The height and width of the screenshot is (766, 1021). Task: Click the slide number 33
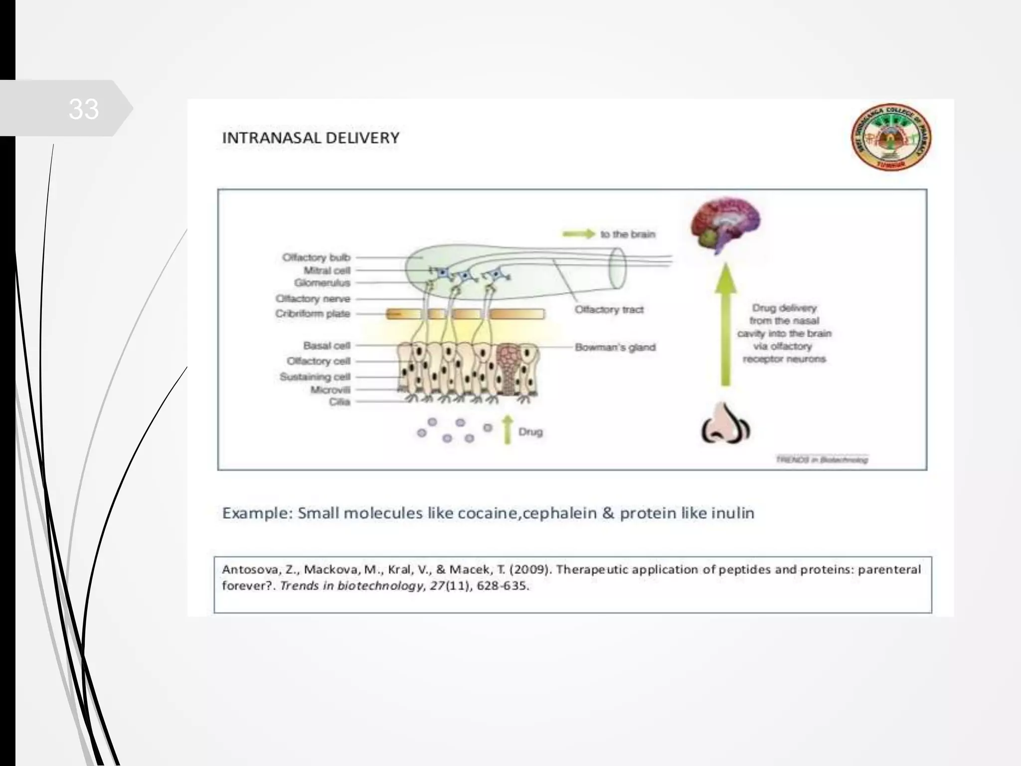[x=83, y=109]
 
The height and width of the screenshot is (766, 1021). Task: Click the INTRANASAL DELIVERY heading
[x=311, y=138]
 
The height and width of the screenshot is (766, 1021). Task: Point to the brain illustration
[x=725, y=224]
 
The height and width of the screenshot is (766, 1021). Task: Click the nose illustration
[x=726, y=424]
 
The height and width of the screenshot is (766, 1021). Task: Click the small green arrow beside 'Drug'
[x=508, y=429]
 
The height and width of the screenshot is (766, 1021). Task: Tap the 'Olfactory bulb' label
[x=317, y=257]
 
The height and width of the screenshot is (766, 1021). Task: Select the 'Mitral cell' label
[x=327, y=270]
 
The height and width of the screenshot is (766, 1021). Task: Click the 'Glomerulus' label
[x=322, y=283]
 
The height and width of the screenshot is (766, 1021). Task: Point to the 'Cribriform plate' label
[x=313, y=314]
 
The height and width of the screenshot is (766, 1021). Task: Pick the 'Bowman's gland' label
[x=615, y=347]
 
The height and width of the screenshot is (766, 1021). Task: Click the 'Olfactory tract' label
[x=609, y=310]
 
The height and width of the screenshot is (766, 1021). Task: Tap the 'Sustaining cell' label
[x=315, y=377]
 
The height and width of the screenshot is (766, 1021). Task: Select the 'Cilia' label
[x=340, y=402]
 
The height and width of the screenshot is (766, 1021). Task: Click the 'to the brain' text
[x=628, y=234]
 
